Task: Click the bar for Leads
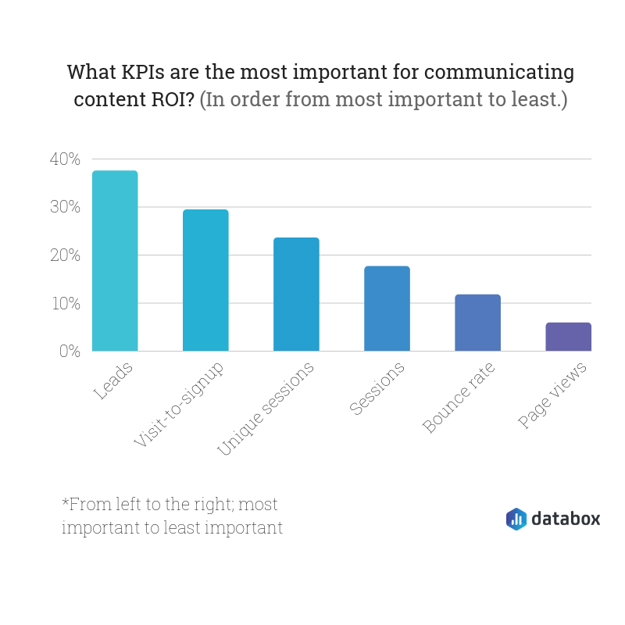coord(115,261)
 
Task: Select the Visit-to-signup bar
coord(205,280)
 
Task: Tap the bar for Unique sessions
coord(296,295)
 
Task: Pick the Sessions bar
coord(387,309)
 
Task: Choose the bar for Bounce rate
coord(477,323)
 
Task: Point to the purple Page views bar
coord(568,337)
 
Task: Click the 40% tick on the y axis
coord(65,159)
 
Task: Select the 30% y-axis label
coord(65,207)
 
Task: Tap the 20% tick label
coord(65,255)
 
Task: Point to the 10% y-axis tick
coord(65,303)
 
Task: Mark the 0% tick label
coord(70,352)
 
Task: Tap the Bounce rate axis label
coord(461,398)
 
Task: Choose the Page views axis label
coord(553,395)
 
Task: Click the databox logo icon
coord(516,519)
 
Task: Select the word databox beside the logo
coord(566,518)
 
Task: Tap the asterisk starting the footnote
coord(65,501)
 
